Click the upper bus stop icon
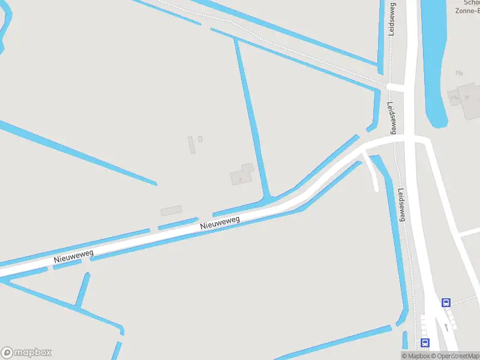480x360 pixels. coord(446,303)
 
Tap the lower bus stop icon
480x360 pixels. coord(425,343)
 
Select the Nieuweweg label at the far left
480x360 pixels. coord(74,257)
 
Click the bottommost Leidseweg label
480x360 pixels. coord(401,205)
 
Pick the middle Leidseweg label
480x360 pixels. coord(392,117)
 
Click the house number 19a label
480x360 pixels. coord(459,73)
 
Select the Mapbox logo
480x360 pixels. coord(26,353)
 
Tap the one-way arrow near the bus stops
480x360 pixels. coord(446,327)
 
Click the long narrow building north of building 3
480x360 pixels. coord(191,145)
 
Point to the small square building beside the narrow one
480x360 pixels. coord(200,139)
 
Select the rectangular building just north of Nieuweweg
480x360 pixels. coord(171,211)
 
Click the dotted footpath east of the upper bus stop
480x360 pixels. coord(466,300)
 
